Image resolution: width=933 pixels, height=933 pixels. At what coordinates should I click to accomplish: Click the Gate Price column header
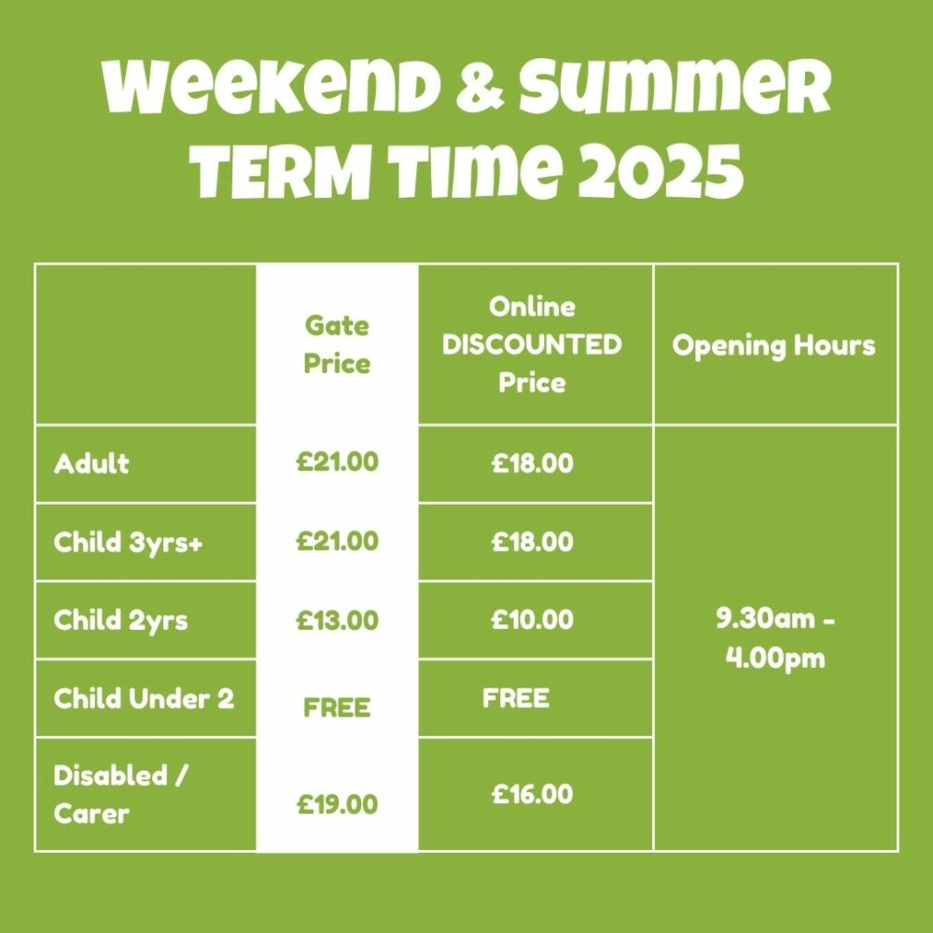[x=337, y=344]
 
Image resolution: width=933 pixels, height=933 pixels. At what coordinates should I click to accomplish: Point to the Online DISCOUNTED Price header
[x=532, y=344]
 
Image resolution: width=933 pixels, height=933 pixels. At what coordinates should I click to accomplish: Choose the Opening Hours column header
[x=773, y=345]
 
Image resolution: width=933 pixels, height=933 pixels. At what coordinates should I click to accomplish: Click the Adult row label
[x=91, y=463]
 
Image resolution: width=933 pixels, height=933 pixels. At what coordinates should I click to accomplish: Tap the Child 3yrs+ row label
[x=128, y=542]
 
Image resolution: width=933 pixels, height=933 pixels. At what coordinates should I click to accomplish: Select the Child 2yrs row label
[x=120, y=620]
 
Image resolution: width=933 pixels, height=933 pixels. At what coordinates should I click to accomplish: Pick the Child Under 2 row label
[x=144, y=698]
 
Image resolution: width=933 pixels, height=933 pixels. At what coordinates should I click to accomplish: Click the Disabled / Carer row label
[x=120, y=794]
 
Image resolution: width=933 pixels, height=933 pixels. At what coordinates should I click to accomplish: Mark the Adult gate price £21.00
[x=338, y=463]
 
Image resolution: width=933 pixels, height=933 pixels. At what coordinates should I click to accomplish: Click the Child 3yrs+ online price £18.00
[x=533, y=541]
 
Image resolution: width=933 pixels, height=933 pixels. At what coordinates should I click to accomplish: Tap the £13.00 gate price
[x=338, y=620]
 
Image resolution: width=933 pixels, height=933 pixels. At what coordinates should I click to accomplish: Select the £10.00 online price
[x=533, y=620]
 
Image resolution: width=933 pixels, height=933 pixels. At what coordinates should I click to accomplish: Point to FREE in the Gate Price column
[x=337, y=707]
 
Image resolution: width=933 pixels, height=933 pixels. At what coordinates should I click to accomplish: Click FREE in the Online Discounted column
[x=516, y=698]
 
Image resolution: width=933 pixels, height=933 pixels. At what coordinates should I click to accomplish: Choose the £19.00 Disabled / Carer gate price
[x=338, y=804]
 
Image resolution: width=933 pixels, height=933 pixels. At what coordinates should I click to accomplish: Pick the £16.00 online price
[x=533, y=794]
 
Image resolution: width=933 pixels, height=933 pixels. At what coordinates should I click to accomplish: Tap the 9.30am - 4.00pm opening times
[x=775, y=638]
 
